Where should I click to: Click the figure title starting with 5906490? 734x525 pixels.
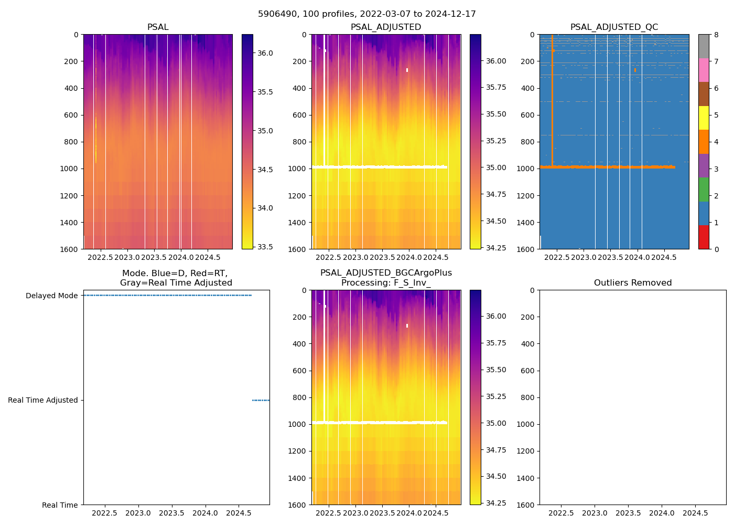[367, 14]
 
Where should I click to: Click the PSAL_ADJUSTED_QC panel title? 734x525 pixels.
[614, 27]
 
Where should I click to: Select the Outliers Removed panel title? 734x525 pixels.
[632, 283]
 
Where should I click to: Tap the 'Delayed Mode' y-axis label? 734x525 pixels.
[51, 296]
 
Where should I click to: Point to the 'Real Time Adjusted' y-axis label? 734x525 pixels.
[42, 401]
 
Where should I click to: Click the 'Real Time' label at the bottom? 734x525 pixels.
[60, 505]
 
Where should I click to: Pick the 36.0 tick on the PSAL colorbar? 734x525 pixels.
[265, 53]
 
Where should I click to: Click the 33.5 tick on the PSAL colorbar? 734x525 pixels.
[265, 247]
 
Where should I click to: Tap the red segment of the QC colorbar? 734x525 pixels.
[704, 237]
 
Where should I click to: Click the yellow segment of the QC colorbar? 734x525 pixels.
[704, 118]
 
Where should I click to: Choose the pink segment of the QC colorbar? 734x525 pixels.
[704, 70]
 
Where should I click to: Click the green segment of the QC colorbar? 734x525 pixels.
[704, 190]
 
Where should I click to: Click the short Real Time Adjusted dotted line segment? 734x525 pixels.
[261, 401]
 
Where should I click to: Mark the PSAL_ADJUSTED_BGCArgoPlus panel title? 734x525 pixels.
[386, 278]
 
